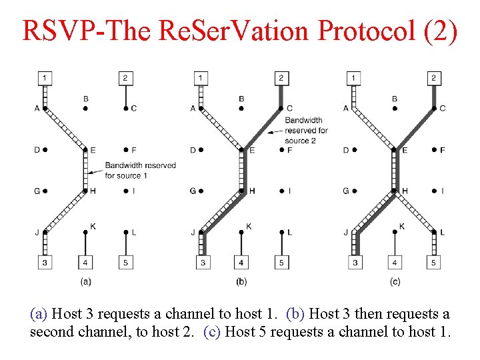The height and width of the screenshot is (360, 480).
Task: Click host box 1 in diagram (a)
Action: coord(45,79)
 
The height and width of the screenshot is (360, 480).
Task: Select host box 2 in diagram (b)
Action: coord(281,79)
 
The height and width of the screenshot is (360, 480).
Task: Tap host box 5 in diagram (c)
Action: coord(433,263)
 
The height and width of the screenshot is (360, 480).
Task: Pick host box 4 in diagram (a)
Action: coord(85,263)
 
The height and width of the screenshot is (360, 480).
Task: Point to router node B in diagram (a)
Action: coord(85,108)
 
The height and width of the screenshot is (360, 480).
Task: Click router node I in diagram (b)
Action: coord(281,191)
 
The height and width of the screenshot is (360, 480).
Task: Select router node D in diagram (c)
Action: coord(354,150)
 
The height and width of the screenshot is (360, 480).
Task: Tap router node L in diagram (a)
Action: coord(126,232)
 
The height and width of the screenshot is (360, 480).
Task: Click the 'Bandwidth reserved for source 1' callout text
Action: coord(140,170)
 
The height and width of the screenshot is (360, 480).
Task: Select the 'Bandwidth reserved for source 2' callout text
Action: coord(306,130)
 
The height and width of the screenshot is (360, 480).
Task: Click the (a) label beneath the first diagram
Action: coord(85,282)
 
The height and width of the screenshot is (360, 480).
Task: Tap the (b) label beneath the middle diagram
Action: coord(241,282)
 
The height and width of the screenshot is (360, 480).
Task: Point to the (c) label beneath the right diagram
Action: coord(395,282)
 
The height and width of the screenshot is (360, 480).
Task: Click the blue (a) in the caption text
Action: coord(39,313)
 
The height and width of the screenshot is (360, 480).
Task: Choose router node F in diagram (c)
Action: coord(433,150)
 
